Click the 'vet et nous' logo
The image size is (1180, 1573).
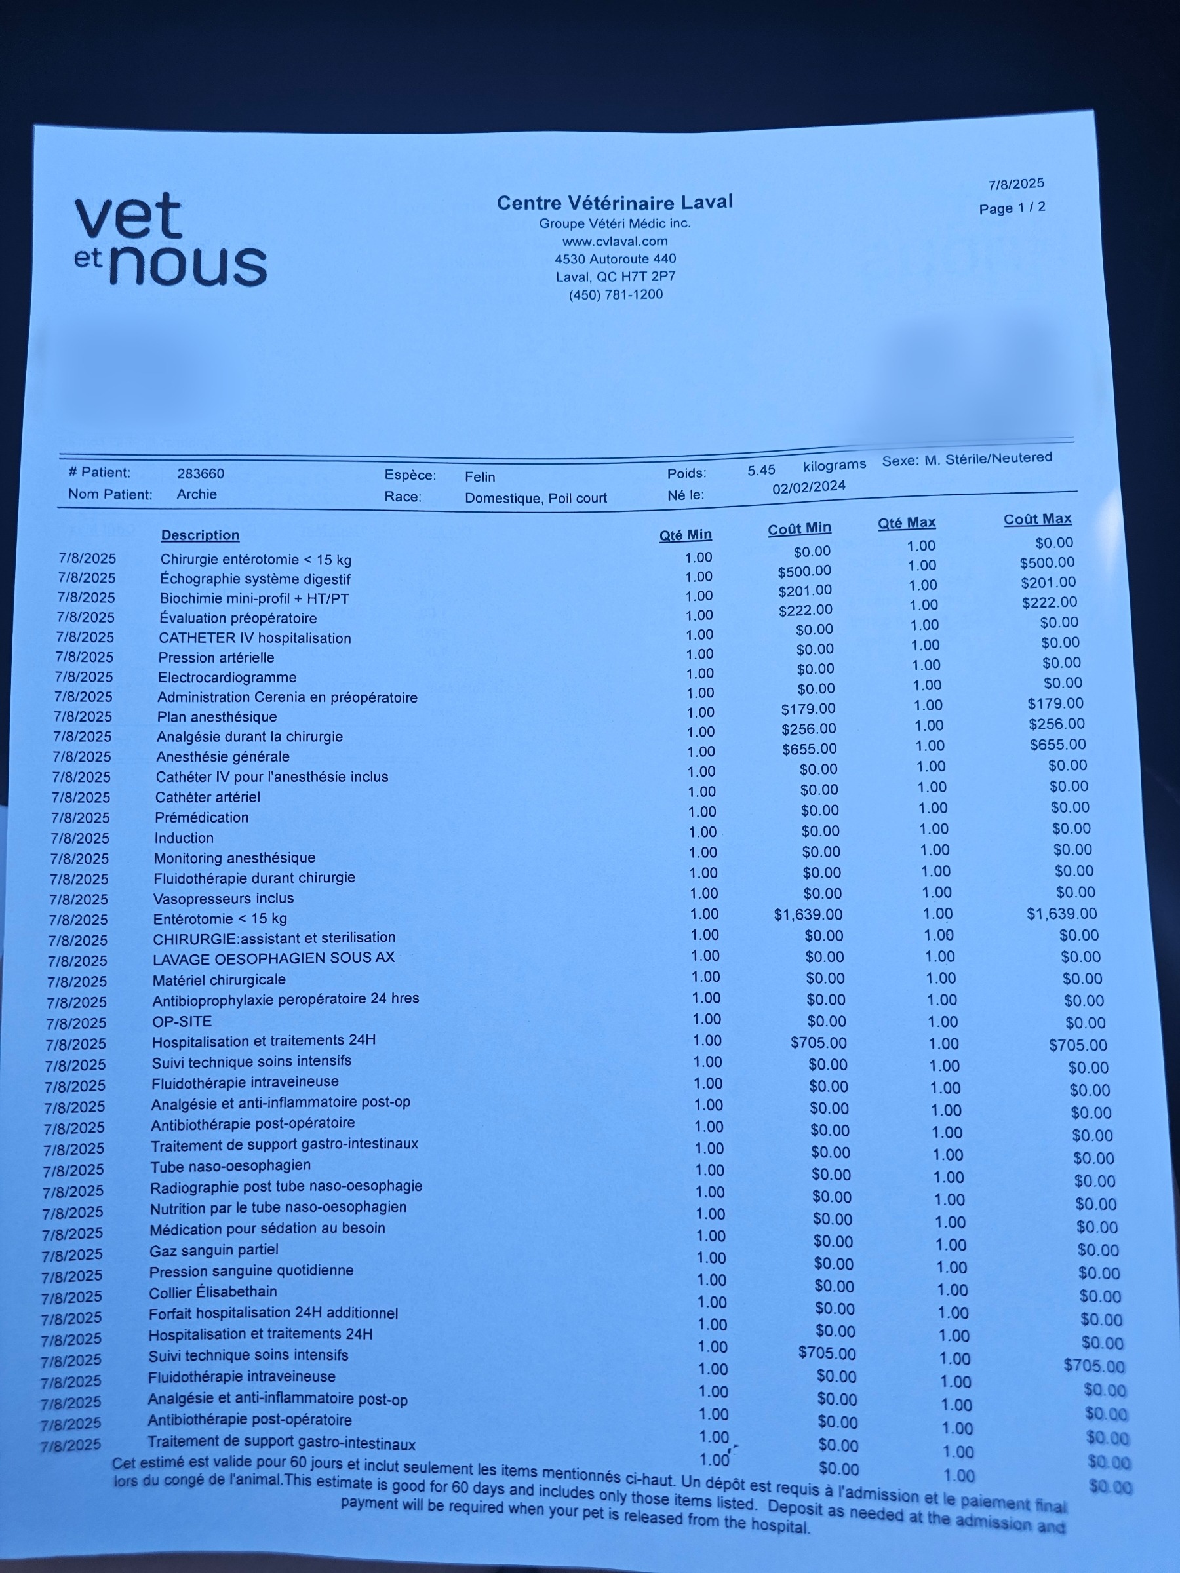coord(170,240)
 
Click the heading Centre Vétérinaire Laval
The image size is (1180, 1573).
coord(614,203)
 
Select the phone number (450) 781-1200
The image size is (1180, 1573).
coord(616,294)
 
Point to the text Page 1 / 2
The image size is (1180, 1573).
coord(1012,208)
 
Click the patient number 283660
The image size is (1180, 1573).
coord(201,474)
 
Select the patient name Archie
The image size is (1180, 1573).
coord(196,494)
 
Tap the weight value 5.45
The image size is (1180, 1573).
coord(761,470)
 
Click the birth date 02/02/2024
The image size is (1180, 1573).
coord(809,487)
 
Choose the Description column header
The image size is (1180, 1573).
coord(200,535)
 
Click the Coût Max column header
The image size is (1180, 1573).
coord(1037,519)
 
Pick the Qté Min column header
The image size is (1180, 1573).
coord(685,535)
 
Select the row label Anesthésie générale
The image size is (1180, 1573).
coord(223,756)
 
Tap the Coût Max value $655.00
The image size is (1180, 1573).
coord(1057,745)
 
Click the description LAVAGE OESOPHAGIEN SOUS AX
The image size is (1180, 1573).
coord(273,958)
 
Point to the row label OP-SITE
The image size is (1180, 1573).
coord(182,1021)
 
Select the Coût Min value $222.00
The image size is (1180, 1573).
coord(805,610)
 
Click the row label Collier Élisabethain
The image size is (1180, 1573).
coord(212,1291)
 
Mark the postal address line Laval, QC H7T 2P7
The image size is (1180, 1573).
coord(616,277)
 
